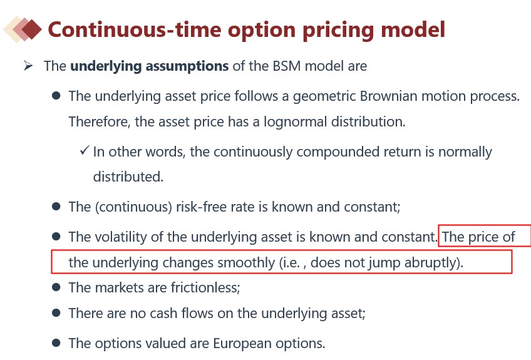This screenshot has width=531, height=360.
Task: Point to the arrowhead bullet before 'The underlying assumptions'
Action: (28, 65)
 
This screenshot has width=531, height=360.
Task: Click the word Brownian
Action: (388, 96)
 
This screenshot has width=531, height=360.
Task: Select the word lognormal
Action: (295, 122)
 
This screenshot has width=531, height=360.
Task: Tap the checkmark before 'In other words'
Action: (85, 150)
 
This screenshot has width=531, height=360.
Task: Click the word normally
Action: (465, 152)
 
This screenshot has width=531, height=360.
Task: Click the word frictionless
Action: (205, 287)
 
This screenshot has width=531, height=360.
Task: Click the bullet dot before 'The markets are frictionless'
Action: (56, 287)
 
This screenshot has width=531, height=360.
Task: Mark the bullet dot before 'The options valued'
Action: (56, 343)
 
